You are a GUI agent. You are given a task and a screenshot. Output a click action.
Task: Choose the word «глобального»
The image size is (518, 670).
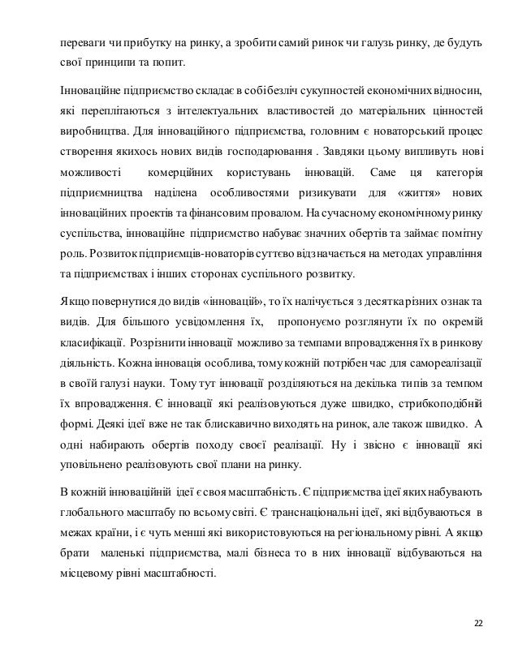[92, 513]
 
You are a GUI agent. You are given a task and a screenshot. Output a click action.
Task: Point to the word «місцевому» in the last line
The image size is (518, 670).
[84, 578]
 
